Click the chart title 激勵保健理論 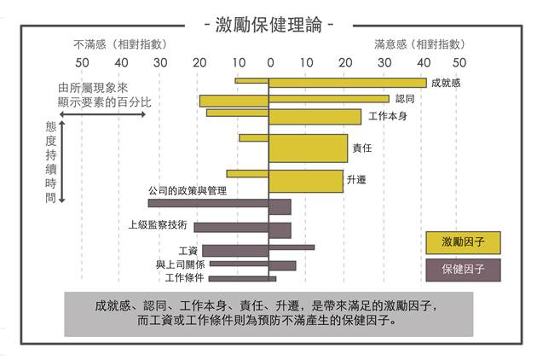point(268,24)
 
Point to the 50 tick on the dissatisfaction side point(82,61)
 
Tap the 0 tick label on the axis point(269,61)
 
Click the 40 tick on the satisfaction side point(422,61)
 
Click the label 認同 point(405,99)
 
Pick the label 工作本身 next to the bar point(387,116)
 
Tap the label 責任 point(362,148)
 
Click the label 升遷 point(357,181)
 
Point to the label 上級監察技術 point(158,226)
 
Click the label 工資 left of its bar point(188,251)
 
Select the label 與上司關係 point(180,264)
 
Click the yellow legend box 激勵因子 point(463,242)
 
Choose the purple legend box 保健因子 point(463,270)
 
